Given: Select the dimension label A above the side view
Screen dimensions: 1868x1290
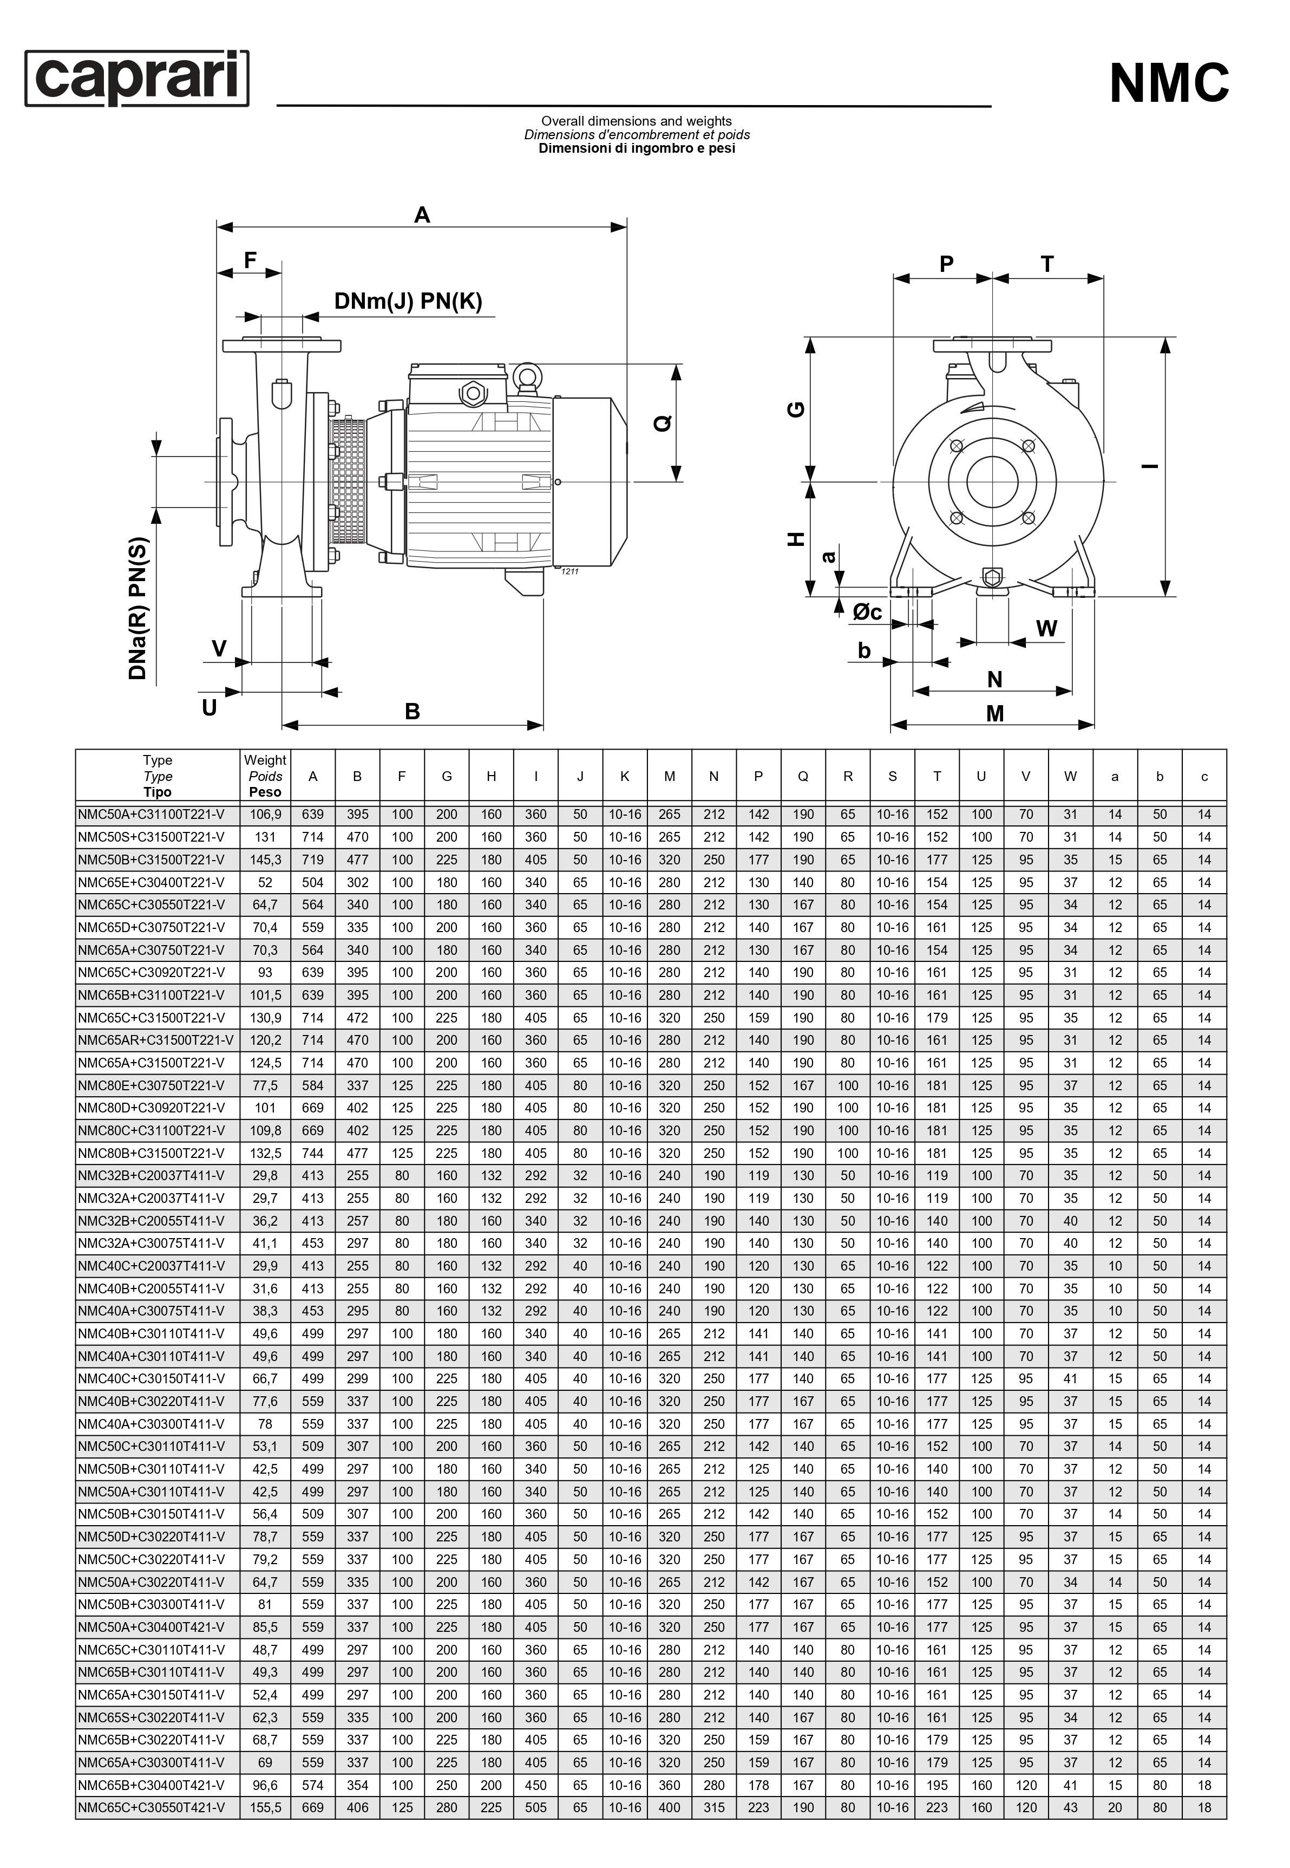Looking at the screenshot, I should coord(422,215).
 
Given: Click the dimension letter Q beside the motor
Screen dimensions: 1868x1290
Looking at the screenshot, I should coord(663,423).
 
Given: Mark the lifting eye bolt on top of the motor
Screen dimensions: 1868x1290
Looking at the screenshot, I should coord(527,375).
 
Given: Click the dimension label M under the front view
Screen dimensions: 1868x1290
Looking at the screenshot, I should coord(995,713).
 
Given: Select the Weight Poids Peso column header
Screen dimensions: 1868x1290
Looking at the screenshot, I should coord(265,776).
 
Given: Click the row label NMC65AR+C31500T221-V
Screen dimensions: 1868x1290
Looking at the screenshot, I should coord(156,1040).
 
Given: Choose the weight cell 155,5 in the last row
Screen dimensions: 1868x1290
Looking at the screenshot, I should coord(265,1807).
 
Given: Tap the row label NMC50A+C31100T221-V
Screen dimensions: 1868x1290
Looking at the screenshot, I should coord(151,815).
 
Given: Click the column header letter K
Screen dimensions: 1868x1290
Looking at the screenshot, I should coord(625,776).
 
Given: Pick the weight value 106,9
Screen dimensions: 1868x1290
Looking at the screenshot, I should coord(265,815).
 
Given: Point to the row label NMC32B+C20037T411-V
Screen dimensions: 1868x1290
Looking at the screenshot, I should coord(151,1176).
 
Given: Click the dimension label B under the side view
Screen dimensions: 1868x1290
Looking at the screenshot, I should coord(412,712).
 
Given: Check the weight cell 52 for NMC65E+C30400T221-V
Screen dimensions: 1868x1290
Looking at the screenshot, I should coord(265,882).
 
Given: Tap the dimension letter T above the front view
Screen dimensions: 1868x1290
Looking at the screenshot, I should coord(1047,264).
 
